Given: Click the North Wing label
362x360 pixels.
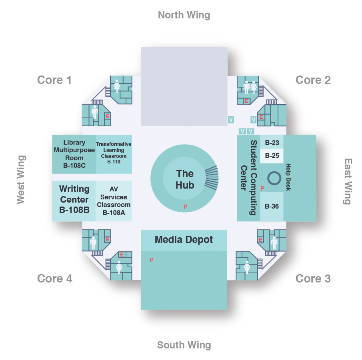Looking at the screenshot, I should click(x=184, y=15).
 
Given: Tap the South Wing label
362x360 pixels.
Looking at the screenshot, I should click(x=184, y=345).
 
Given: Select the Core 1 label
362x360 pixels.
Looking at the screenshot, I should click(x=54, y=80).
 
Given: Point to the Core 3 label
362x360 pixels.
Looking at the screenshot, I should click(x=313, y=278).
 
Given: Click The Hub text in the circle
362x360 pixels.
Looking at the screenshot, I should click(x=185, y=179).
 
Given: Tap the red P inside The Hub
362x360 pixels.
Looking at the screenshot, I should click(x=185, y=207).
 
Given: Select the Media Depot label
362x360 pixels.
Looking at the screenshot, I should click(x=184, y=240).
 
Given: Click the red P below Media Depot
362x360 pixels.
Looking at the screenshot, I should click(x=152, y=260).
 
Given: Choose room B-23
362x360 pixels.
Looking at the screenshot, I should click(x=272, y=142).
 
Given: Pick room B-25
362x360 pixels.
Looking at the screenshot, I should click(x=272, y=155).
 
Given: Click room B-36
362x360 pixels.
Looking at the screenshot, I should click(x=272, y=207).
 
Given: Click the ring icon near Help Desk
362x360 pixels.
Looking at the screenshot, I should click(x=274, y=178).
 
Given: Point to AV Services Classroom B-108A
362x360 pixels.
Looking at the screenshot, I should click(x=114, y=201).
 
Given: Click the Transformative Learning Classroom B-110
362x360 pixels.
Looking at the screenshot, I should click(x=114, y=153).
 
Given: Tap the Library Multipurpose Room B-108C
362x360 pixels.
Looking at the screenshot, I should click(x=74, y=154).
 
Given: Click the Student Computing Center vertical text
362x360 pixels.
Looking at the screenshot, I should click(x=248, y=177).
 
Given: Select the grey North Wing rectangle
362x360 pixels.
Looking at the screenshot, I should click(x=184, y=86).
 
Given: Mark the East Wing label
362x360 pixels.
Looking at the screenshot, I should click(x=348, y=181).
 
